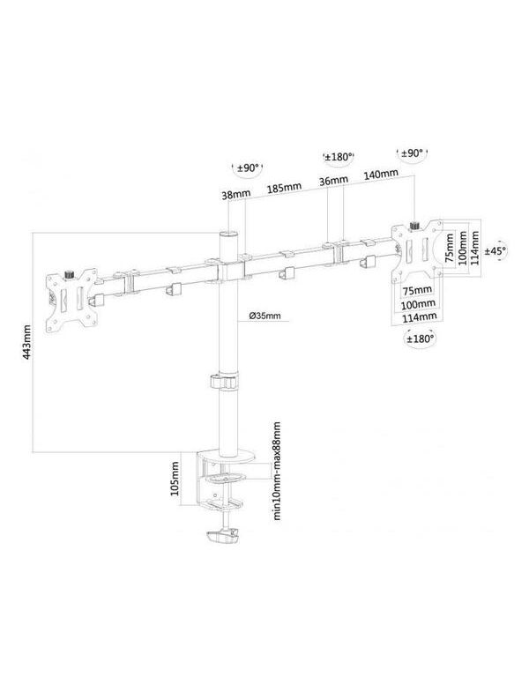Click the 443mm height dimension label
(27, 342)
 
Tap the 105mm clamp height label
(175, 479)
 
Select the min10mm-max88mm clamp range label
(277, 471)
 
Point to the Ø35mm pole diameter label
(264, 316)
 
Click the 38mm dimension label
(235, 194)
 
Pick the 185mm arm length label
(284, 188)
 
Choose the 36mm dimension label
(333, 181)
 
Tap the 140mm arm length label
(381, 175)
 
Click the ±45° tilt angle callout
(495, 250)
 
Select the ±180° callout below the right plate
(420, 339)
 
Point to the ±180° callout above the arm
(339, 157)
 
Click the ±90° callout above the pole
(248, 167)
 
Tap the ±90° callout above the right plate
(412, 153)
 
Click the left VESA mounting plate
(72, 301)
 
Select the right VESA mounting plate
(417, 250)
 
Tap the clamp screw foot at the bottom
(222, 538)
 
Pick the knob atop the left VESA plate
(70, 274)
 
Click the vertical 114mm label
(475, 249)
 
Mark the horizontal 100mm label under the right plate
(418, 304)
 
